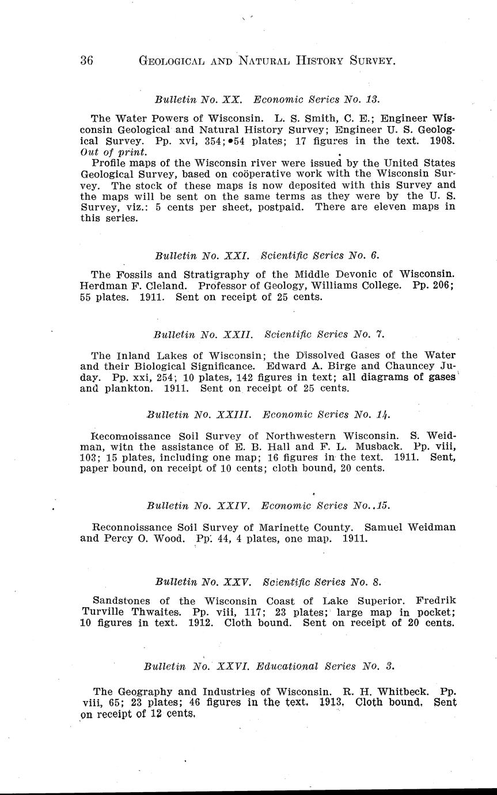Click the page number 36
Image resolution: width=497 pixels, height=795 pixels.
point(87,60)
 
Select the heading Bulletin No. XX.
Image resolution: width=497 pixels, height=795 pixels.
point(198,99)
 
